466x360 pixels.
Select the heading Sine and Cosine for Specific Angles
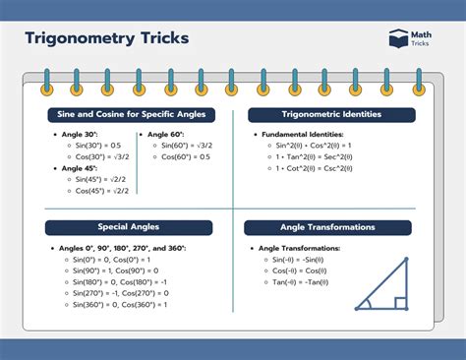(x=128, y=115)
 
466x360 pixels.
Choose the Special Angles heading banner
(x=128, y=227)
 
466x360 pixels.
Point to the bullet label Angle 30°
(x=79, y=134)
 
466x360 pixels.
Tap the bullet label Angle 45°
(x=79, y=168)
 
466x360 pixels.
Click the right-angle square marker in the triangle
(x=400, y=303)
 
